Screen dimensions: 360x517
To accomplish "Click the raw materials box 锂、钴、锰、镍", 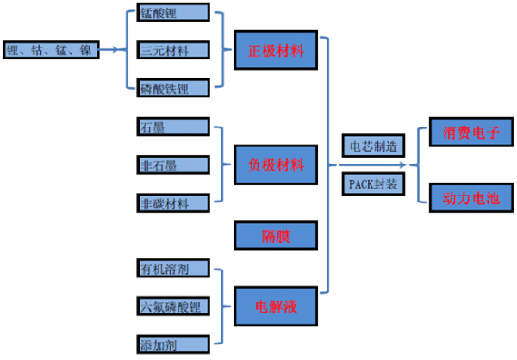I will point(51,50).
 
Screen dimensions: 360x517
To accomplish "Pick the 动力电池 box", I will point(469,197).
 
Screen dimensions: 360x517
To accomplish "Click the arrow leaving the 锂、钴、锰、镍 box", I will point(113,51).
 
